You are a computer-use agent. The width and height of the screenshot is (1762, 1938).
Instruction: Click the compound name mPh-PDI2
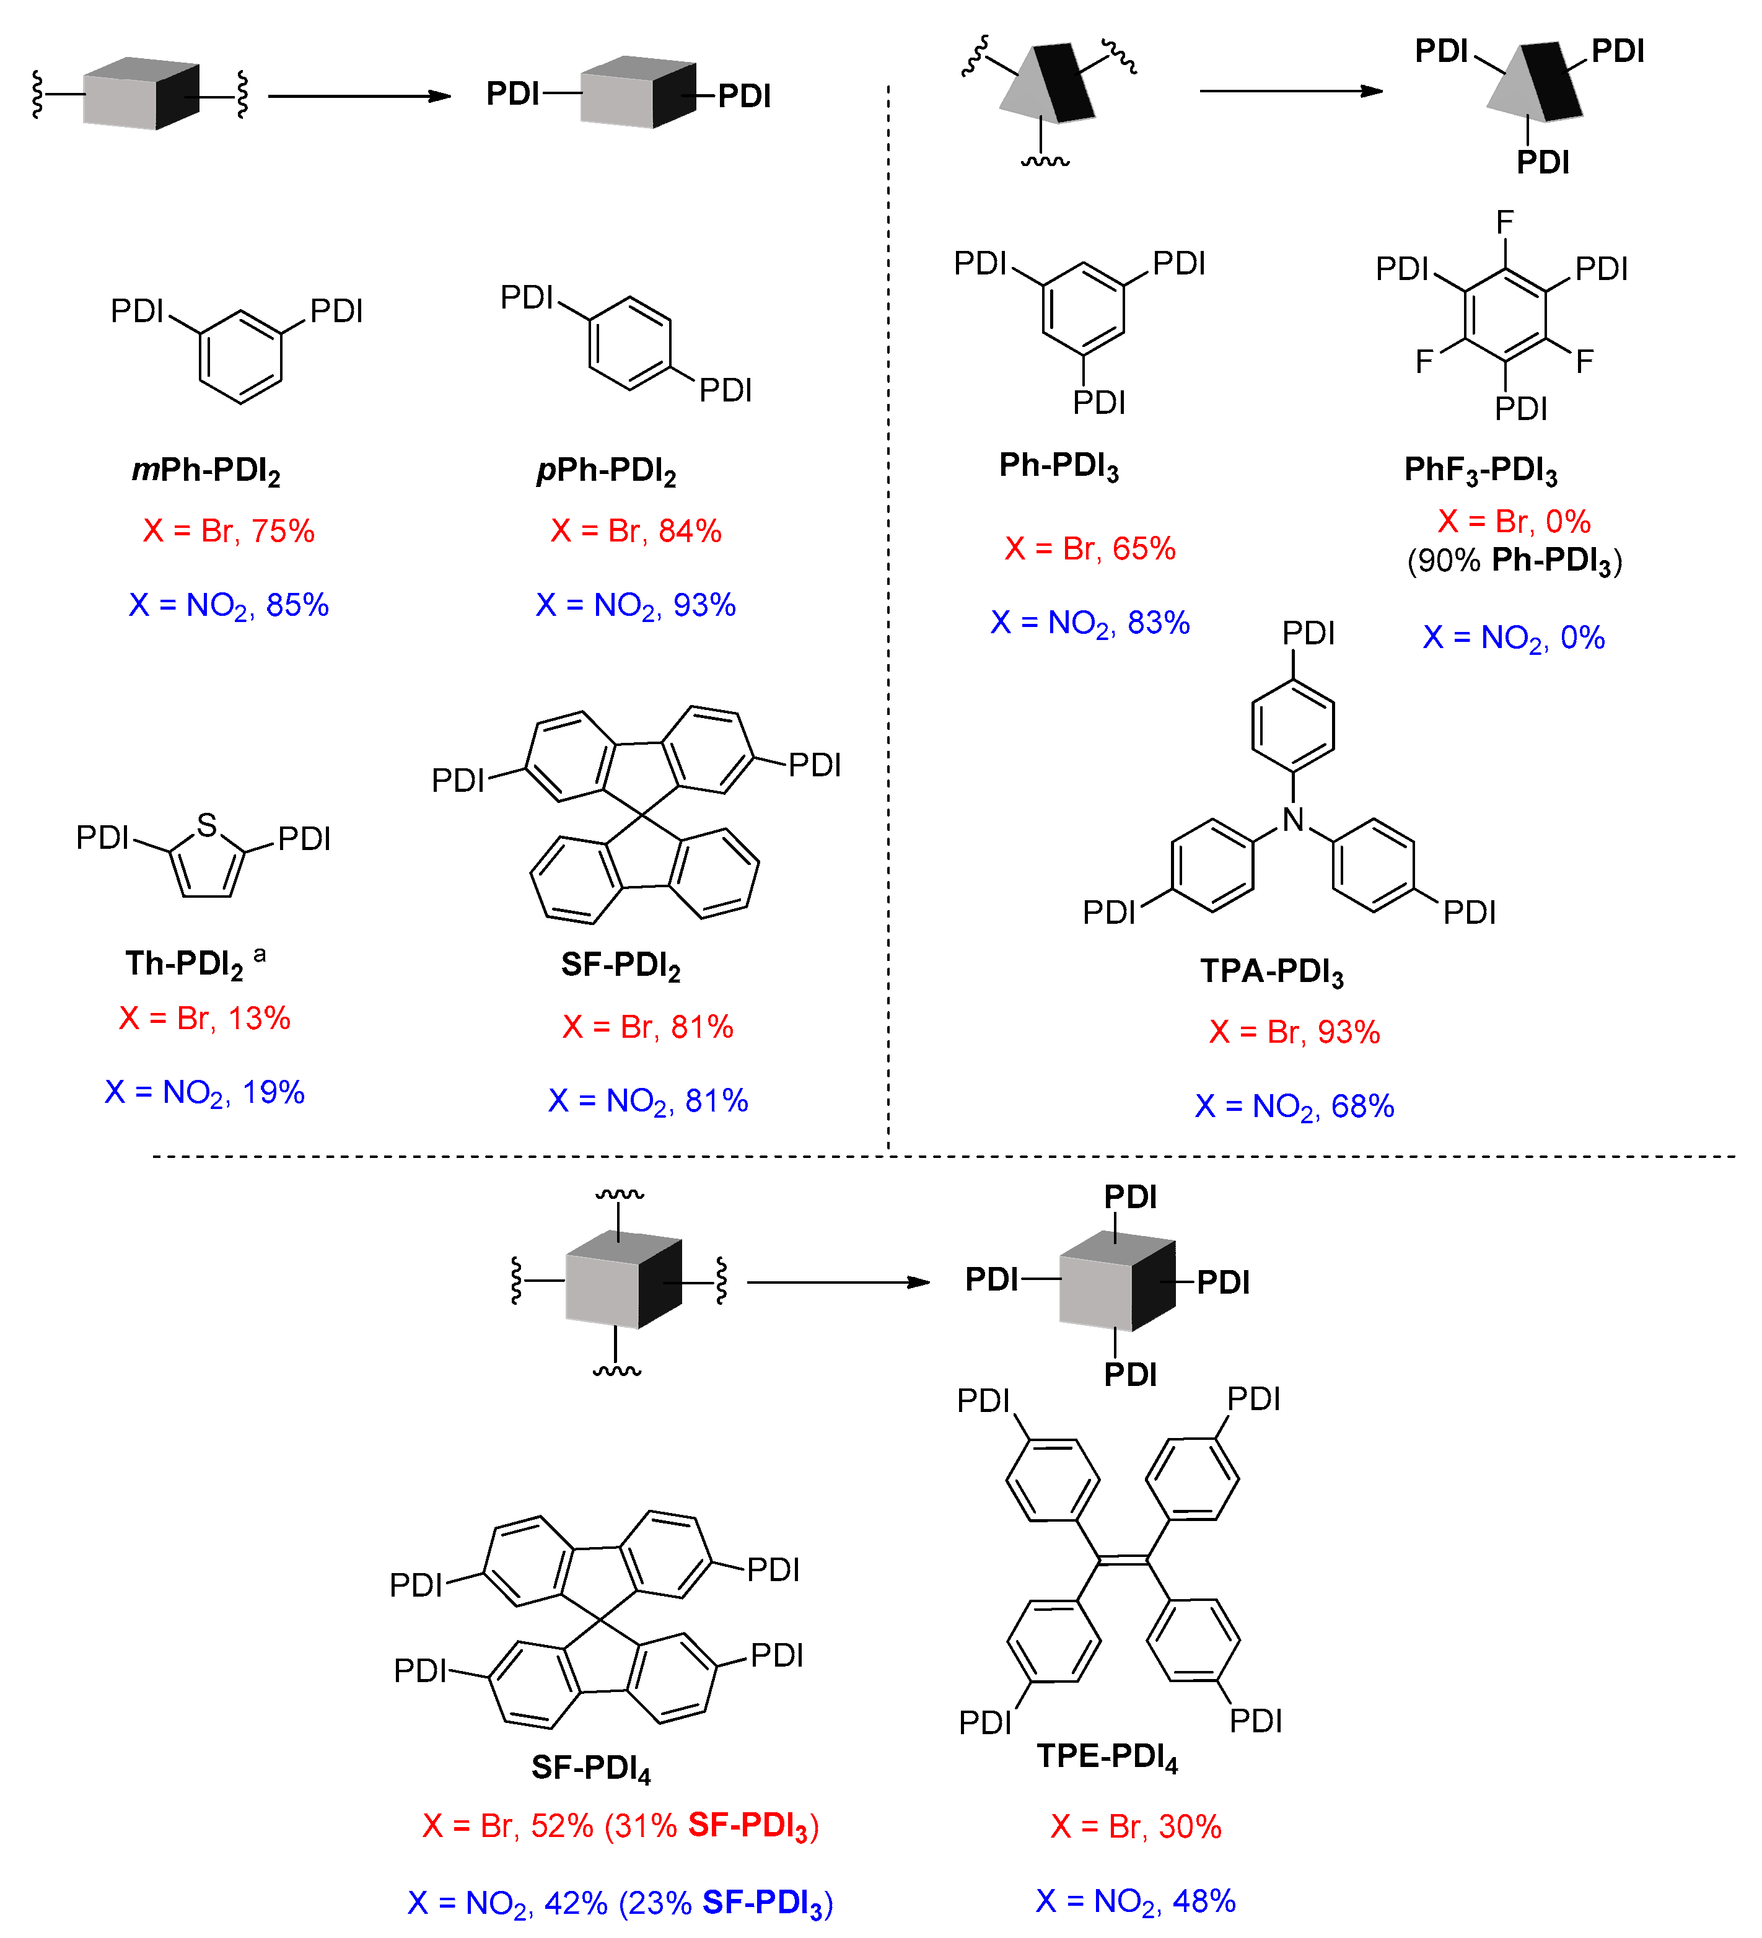click(206, 471)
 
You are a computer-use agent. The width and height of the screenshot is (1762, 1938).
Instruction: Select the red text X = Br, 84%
click(636, 530)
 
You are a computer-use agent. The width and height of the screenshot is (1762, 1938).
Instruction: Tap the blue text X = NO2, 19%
click(204, 1093)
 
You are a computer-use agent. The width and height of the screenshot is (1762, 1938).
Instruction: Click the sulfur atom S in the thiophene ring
click(207, 825)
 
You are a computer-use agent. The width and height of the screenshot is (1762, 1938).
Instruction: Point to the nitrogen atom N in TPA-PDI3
click(1293, 820)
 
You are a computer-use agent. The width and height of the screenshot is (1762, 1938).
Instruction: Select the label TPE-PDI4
click(1107, 1757)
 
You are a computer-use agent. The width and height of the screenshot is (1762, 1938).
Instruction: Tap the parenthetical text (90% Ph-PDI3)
click(1515, 561)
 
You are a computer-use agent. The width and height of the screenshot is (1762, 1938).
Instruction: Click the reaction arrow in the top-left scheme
click(359, 96)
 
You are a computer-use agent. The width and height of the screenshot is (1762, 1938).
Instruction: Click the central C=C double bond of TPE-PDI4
click(1123, 1559)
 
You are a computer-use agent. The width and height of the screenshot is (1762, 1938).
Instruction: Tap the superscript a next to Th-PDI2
click(260, 955)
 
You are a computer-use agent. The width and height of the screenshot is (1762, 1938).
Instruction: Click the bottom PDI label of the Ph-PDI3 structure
click(1098, 403)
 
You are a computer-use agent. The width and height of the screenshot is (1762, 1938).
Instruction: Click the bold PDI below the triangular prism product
click(1543, 162)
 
